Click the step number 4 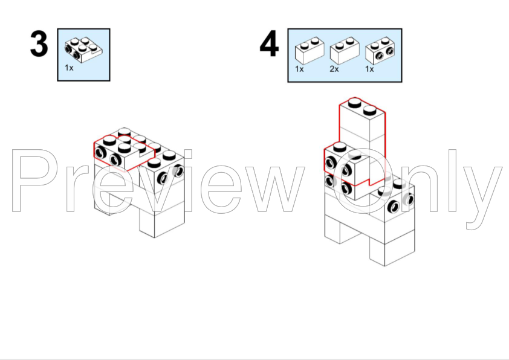tap(269, 43)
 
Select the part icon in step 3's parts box tap(83, 50)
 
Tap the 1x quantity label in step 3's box tap(69, 68)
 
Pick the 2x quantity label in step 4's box tap(334, 69)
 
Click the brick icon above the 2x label tap(345, 50)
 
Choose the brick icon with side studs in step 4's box tap(380, 50)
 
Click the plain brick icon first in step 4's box tap(310, 50)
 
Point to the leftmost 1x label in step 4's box tap(299, 69)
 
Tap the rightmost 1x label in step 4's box tap(369, 69)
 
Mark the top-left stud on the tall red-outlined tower tap(354, 103)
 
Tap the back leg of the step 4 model tap(340, 230)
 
